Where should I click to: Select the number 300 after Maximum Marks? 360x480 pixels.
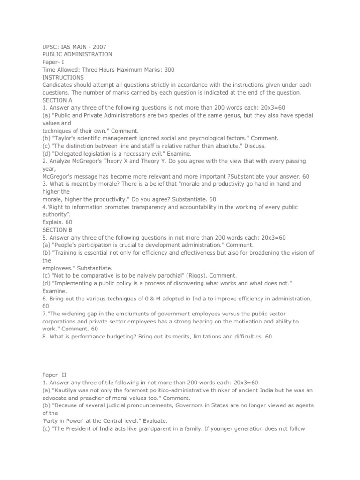coord(170,70)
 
